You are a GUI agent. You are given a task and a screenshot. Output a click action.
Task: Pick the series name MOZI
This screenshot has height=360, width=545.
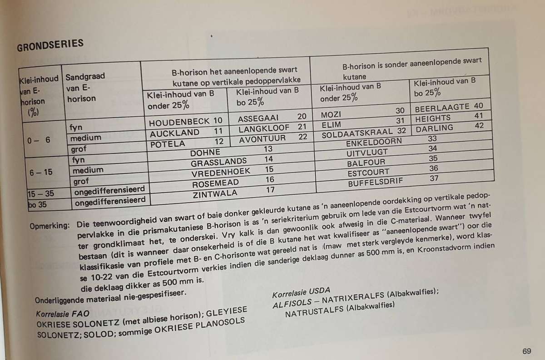coord(330,113)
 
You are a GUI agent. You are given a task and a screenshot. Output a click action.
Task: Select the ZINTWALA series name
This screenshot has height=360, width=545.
coord(216,194)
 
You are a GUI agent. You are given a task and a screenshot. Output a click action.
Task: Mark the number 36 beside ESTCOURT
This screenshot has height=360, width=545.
coord(433,168)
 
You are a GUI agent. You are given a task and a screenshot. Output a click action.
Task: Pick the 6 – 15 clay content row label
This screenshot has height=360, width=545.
coord(40,172)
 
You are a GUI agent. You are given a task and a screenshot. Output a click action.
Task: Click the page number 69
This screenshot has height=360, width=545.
coord(527,351)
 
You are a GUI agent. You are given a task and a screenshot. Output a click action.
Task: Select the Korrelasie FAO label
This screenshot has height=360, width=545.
coord(63,314)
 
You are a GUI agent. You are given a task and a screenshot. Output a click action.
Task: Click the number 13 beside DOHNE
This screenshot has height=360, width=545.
coord(268,149)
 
